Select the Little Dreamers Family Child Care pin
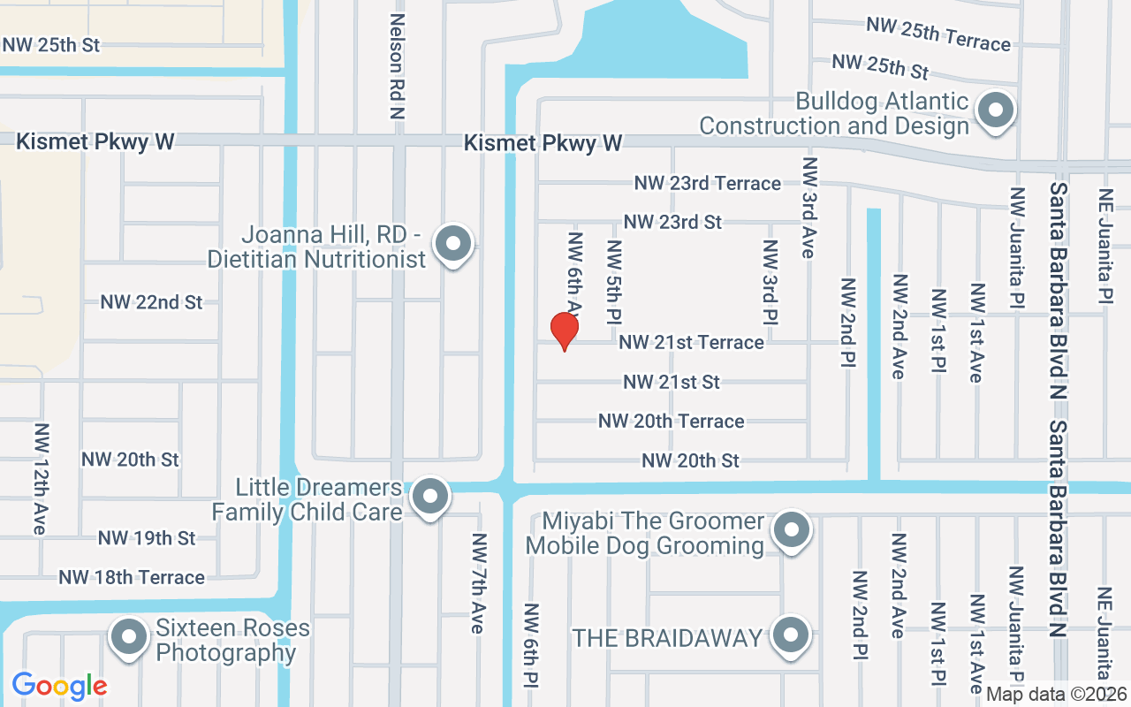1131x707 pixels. click(x=430, y=497)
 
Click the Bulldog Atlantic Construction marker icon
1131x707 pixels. click(x=997, y=111)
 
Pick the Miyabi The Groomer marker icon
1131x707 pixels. click(x=791, y=531)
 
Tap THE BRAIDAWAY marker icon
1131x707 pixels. click(x=791, y=635)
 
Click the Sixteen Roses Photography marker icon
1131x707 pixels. click(x=130, y=636)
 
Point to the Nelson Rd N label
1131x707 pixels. click(x=397, y=66)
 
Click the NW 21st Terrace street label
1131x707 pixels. click(x=691, y=342)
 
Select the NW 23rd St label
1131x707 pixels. click(x=672, y=222)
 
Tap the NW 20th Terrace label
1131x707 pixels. click(x=671, y=421)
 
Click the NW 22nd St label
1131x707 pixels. click(x=151, y=302)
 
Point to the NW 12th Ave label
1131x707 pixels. click(x=41, y=478)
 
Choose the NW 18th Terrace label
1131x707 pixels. click(x=132, y=577)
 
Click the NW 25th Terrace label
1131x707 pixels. click(x=937, y=34)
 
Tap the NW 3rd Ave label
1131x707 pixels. click(x=808, y=208)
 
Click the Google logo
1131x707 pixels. click(x=59, y=686)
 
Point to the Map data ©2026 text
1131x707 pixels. click(x=1057, y=694)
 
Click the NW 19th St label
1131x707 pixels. click(x=147, y=537)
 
